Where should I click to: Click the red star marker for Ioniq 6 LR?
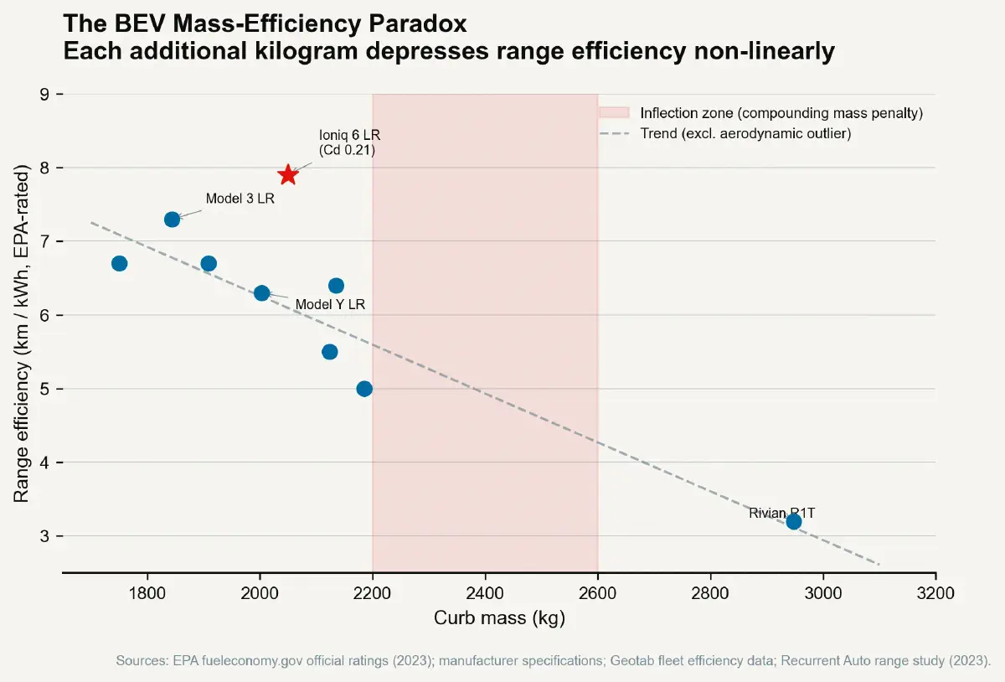pyautogui.click(x=288, y=174)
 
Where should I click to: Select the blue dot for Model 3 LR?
pyautogui.click(x=172, y=220)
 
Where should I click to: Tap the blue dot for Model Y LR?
pyautogui.click(x=261, y=293)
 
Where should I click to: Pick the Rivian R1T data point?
pyautogui.click(x=794, y=522)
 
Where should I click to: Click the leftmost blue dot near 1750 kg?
pyautogui.click(x=119, y=264)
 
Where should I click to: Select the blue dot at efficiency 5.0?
pyautogui.click(x=364, y=389)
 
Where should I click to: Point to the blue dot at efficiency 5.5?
pyautogui.click(x=330, y=352)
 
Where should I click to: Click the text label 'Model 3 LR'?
pyautogui.click(x=240, y=199)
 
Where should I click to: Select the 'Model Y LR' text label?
pyautogui.click(x=330, y=305)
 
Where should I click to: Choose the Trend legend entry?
pyautogui.click(x=745, y=134)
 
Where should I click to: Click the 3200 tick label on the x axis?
pyautogui.click(x=935, y=594)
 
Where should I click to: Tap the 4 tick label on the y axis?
pyautogui.click(x=44, y=462)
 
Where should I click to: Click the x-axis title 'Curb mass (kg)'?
pyautogui.click(x=499, y=619)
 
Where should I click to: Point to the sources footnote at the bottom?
pyautogui.click(x=553, y=660)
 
